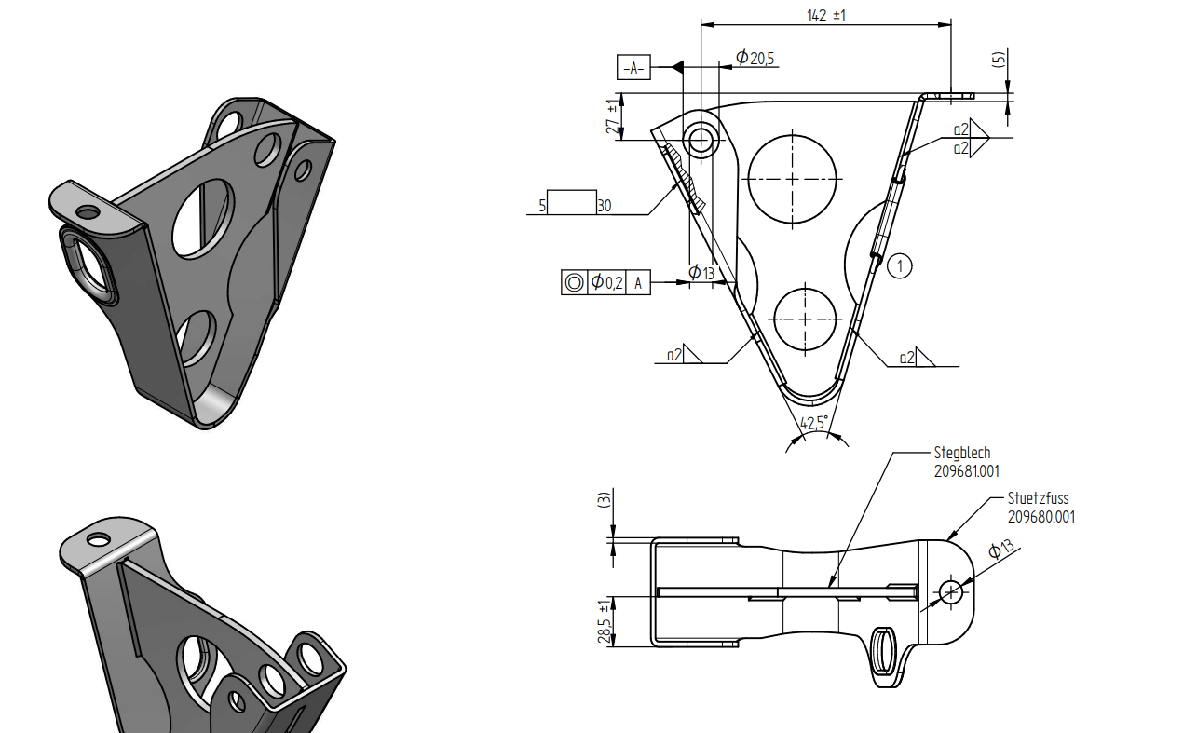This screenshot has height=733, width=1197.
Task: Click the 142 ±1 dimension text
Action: [826, 16]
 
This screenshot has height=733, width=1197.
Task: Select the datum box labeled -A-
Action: [633, 68]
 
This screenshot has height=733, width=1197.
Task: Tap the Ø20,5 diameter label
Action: [755, 59]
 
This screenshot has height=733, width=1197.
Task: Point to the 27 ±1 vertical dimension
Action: [612, 117]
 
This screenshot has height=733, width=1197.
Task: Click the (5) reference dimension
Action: [999, 59]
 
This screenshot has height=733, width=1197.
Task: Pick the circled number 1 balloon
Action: [899, 266]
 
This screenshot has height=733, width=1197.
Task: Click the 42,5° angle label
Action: [814, 424]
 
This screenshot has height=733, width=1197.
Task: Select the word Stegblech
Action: [962, 454]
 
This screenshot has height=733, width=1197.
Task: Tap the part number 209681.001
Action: [967, 472]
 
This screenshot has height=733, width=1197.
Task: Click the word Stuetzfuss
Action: [1038, 498]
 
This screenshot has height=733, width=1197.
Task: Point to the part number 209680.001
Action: [1041, 517]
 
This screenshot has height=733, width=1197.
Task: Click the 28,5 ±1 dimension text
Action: [605, 619]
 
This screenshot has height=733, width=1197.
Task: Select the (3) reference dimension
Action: [604, 500]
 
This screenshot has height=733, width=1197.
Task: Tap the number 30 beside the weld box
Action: [605, 206]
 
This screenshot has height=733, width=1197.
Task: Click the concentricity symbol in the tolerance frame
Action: [574, 283]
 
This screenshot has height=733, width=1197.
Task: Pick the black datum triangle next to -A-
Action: [677, 67]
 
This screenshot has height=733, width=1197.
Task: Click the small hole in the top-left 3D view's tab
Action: [88, 212]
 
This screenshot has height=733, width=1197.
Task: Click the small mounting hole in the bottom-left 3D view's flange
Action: [98, 539]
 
